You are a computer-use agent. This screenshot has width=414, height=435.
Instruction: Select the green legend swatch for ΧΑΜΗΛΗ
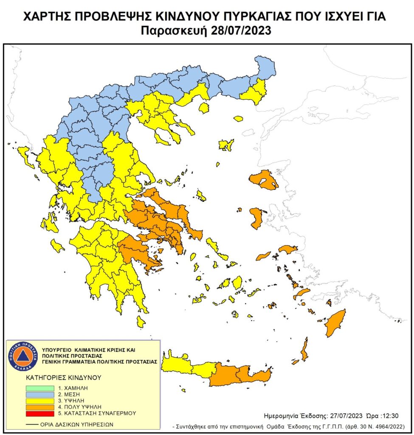point(39,388)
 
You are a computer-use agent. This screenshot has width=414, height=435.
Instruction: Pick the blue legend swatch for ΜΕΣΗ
point(39,395)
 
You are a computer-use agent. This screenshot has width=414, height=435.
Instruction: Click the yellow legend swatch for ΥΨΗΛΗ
point(39,401)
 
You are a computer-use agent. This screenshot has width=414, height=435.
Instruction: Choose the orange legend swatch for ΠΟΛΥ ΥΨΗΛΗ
point(39,407)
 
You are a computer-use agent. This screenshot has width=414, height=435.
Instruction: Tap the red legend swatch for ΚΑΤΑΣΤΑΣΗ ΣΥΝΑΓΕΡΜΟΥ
point(39,413)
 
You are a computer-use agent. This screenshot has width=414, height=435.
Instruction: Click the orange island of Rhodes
point(335,323)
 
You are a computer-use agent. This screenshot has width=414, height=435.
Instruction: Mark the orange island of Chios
point(256,218)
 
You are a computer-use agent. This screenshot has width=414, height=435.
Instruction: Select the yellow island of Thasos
point(204,108)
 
